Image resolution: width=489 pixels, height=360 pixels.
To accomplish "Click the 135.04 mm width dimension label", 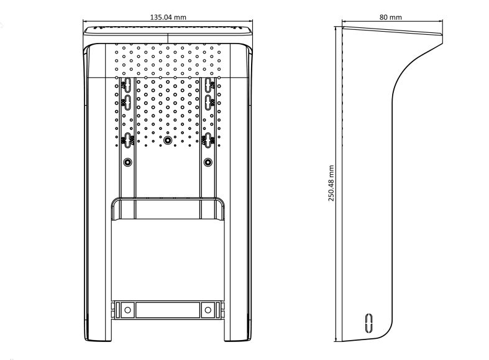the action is pyautogui.click(x=168, y=17).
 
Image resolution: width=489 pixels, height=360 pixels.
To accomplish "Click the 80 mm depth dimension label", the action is pyautogui.click(x=390, y=17).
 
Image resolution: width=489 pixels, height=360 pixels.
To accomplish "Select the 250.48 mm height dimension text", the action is pyautogui.click(x=331, y=183).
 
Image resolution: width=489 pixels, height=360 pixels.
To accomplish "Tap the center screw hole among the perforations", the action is pyautogui.click(x=168, y=141).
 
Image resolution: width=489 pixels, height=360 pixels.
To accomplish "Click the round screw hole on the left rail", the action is pyautogui.click(x=127, y=162).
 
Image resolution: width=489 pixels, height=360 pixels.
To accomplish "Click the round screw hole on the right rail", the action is pyautogui.click(x=208, y=162).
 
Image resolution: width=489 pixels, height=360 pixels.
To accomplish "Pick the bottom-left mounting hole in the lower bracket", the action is pyautogui.click(x=127, y=310).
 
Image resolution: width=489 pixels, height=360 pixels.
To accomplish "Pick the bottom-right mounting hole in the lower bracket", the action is pyautogui.click(x=208, y=310).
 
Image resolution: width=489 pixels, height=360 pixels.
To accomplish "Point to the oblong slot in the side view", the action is pyautogui.click(x=368, y=323).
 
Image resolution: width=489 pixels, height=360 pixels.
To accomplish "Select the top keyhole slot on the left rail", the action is pyautogui.click(x=127, y=85).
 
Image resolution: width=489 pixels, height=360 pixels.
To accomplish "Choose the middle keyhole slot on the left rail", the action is pyautogui.click(x=127, y=102).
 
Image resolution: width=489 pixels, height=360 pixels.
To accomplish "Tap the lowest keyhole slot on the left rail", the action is pyautogui.click(x=127, y=140).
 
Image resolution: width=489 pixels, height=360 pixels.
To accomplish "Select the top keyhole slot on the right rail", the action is pyautogui.click(x=208, y=85).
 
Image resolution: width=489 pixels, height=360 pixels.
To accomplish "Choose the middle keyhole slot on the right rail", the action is pyautogui.click(x=208, y=102).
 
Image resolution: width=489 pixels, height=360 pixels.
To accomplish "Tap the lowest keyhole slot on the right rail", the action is pyautogui.click(x=208, y=140).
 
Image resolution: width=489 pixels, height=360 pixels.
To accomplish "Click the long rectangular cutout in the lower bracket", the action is pyautogui.click(x=168, y=310).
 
